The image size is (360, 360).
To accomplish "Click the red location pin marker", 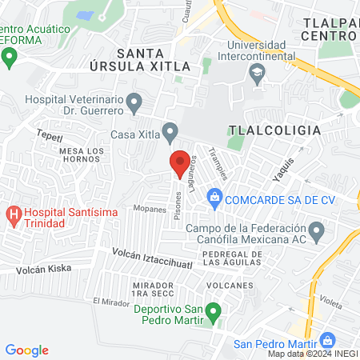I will click(179, 163).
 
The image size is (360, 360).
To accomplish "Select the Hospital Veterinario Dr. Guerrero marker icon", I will click(134, 102).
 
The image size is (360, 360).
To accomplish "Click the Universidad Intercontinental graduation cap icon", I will click(257, 76).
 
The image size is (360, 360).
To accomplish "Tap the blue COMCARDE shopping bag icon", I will click(214, 196).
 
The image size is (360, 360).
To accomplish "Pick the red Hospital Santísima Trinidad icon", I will click(13, 214).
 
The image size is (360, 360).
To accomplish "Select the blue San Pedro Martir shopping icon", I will click(326, 340).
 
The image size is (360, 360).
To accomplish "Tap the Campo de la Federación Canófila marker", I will click(317, 234).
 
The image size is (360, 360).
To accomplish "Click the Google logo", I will click(27, 350).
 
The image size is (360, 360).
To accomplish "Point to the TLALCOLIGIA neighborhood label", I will click(274, 130).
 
